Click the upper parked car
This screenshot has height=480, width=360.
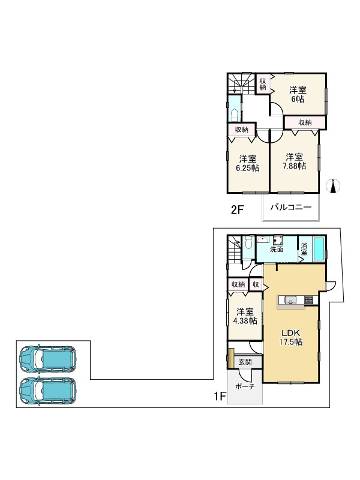pyautogui.click(x=48, y=358)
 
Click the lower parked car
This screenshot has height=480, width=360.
pyautogui.click(x=48, y=391)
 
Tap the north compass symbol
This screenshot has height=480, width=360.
pyautogui.click(x=334, y=186)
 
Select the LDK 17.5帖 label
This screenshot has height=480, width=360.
pyautogui.click(x=290, y=338)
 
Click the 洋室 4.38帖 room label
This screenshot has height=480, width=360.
pyautogui.click(x=245, y=316)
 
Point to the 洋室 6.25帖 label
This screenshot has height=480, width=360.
pyautogui.click(x=248, y=163)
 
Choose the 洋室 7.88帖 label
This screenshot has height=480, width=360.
pyautogui.click(x=294, y=161)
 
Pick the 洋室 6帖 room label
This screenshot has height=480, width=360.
pyautogui.click(x=298, y=95)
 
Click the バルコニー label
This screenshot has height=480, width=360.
pyautogui.click(x=290, y=207)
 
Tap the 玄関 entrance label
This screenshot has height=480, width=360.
pyautogui.click(x=245, y=362)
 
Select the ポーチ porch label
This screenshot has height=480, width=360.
pyautogui.click(x=245, y=386)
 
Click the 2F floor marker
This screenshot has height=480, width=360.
pyautogui.click(x=237, y=210)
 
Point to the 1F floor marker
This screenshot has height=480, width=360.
pyautogui.click(x=220, y=397)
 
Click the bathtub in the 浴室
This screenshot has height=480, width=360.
pyautogui.click(x=319, y=249)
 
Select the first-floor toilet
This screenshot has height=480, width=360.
pyautogui.click(x=248, y=244)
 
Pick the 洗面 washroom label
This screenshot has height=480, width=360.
pyautogui.click(x=277, y=249)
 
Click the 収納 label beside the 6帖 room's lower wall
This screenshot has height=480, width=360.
pyautogui.click(x=305, y=122)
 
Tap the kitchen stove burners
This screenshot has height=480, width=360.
pyautogui.click(x=308, y=300)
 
